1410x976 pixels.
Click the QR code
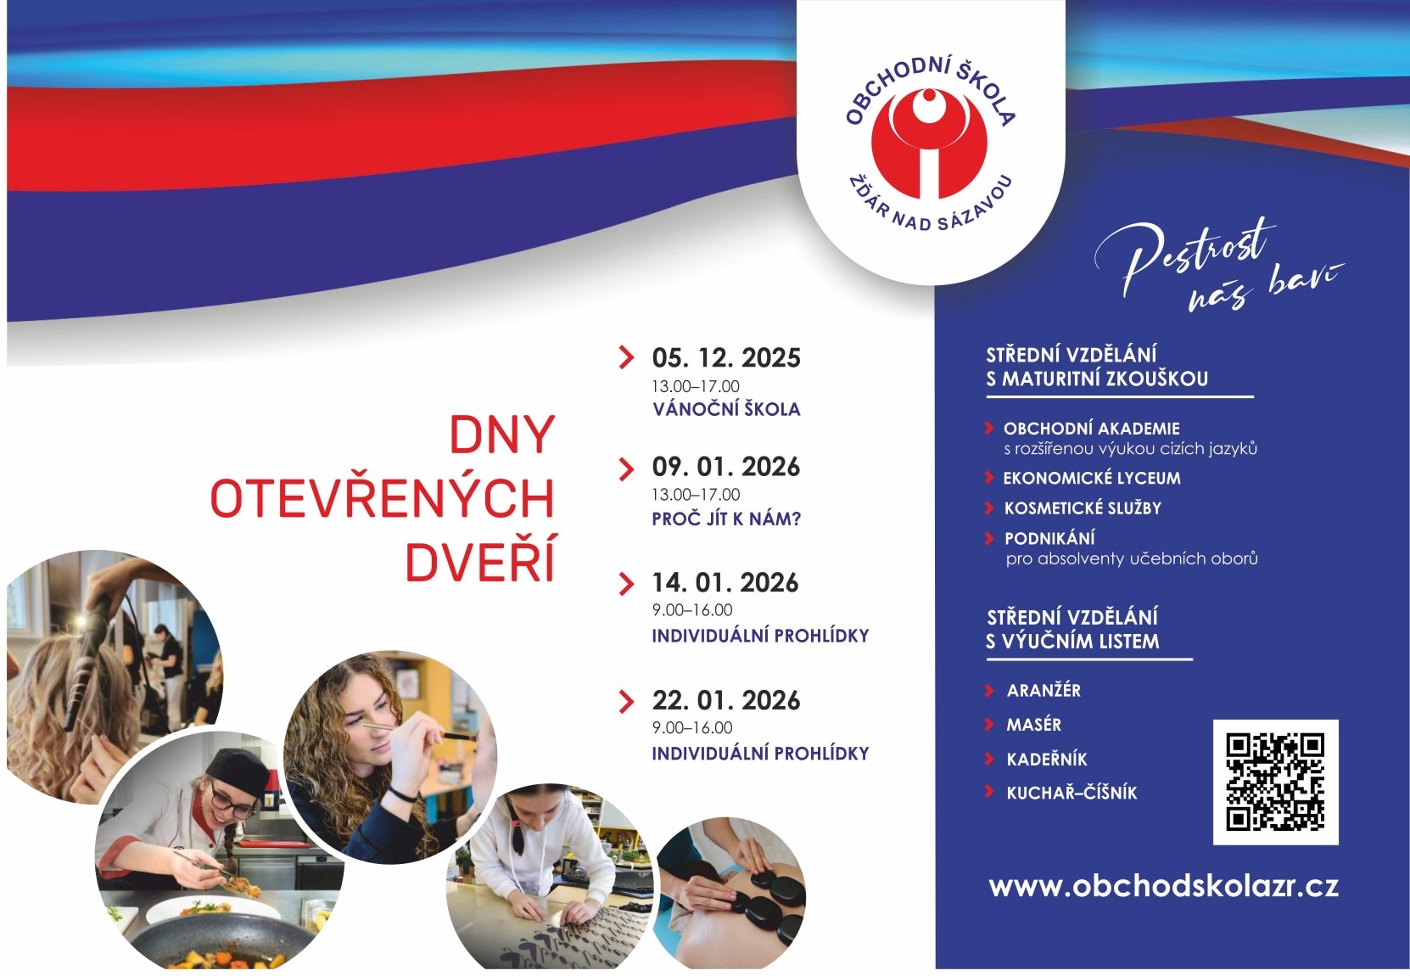pos(1275,782)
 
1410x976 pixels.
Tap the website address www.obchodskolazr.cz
pos(1163,887)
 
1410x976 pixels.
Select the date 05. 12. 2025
pos(725,357)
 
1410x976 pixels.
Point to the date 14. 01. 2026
pos(725,582)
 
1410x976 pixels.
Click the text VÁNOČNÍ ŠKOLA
pos(726,408)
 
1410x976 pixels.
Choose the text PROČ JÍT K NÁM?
pos(726,519)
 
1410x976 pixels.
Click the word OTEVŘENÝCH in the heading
pos(382,497)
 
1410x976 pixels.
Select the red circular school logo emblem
pos(928,144)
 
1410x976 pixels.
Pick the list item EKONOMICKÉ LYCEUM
pos(1092,478)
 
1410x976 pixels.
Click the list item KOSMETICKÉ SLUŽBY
pos(1083,508)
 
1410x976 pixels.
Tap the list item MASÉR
pos(1033,725)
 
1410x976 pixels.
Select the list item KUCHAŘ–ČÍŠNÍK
pos(1072,793)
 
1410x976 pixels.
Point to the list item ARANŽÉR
pos(1044,690)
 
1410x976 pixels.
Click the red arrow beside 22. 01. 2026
pos(626,702)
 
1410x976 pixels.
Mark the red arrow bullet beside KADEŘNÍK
pos(989,759)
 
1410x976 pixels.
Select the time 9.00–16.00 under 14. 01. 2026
pos(692,609)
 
